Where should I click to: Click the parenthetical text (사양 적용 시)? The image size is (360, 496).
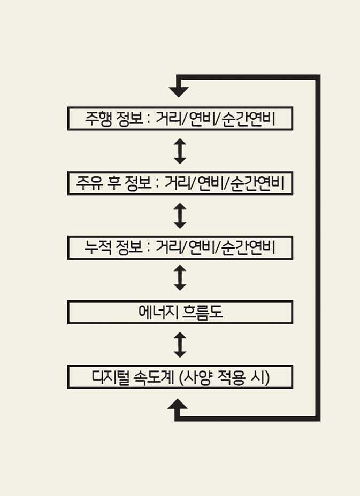(224, 377)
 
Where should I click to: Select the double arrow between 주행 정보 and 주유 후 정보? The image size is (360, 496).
(180, 151)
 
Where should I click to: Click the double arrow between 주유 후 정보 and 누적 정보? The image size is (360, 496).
(180, 215)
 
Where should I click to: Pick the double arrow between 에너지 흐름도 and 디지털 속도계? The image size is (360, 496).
(180, 345)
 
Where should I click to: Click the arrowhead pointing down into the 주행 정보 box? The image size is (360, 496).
(179, 91)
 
